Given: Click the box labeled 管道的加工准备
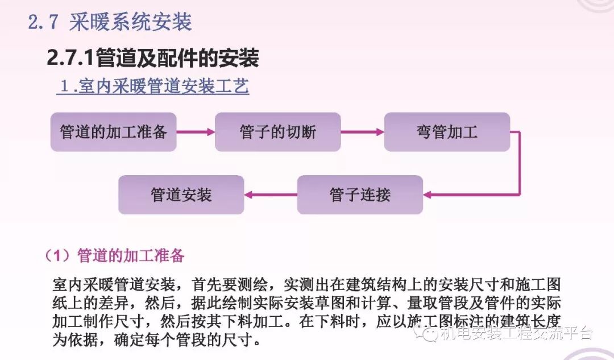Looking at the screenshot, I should (113, 132).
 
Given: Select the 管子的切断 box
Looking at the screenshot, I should (277, 132).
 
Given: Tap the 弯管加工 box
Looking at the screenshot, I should (447, 132).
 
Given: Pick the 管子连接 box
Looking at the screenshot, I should (360, 195).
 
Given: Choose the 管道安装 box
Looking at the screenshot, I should (181, 195).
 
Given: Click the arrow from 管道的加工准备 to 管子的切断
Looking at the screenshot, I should (195, 132).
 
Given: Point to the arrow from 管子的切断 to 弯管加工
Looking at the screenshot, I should (362, 132).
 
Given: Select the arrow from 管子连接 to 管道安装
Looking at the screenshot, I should (271, 195).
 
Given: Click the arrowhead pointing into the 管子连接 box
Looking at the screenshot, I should (428, 195).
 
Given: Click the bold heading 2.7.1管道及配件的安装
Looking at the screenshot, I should (153, 57).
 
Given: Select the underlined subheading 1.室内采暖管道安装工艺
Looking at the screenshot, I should (153, 87).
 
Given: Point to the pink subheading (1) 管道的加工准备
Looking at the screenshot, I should (114, 255).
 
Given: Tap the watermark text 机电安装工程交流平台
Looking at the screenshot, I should (516, 333).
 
